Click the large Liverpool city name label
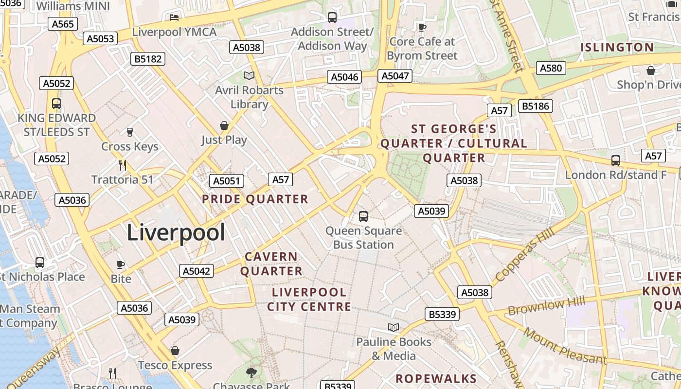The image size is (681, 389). click(x=176, y=233)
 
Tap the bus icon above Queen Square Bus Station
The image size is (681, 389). click(x=363, y=216)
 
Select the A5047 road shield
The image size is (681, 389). click(x=395, y=76)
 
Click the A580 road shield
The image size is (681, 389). click(x=551, y=68)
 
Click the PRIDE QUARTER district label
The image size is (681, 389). click(x=255, y=199)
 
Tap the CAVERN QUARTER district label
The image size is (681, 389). click(x=271, y=264)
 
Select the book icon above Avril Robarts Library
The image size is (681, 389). click(x=249, y=75)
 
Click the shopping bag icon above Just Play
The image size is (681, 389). click(x=224, y=126)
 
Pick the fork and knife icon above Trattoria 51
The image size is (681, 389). click(x=123, y=165)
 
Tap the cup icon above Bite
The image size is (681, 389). click(x=121, y=265)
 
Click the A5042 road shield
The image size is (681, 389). click(x=197, y=271)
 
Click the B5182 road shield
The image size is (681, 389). click(x=148, y=59)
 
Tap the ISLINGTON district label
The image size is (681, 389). click(x=617, y=48)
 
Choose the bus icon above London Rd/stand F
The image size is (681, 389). click(x=616, y=160)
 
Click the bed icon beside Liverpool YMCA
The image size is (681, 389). click(x=174, y=18)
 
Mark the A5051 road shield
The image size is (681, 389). click(x=227, y=181)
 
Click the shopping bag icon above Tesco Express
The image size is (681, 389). click(x=175, y=351)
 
